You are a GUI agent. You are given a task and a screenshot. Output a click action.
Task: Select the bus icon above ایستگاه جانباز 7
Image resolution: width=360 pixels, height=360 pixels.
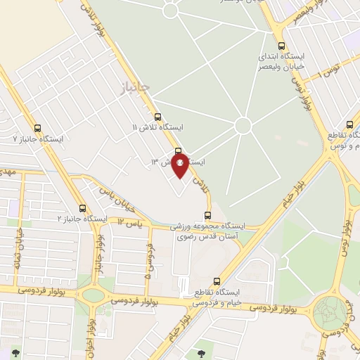37,128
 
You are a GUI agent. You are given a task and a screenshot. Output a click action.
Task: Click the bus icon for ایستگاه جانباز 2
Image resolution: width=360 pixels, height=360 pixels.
83,208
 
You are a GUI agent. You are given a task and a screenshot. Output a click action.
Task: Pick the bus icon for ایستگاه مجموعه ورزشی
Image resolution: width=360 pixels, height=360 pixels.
207,216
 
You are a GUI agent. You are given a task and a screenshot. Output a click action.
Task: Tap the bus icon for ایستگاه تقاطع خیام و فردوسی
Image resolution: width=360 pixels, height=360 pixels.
217,281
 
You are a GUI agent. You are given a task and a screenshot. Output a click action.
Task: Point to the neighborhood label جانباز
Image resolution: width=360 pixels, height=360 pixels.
131,87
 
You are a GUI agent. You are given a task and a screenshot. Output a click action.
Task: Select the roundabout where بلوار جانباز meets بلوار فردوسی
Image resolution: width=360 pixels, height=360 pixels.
91,295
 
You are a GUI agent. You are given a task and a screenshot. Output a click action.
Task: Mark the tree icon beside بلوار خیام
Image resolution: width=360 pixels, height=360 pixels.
201,346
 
